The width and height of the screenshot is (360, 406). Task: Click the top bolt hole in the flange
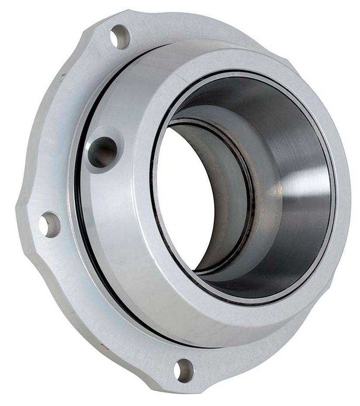(120, 36)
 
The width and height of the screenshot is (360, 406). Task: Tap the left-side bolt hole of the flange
(49, 224)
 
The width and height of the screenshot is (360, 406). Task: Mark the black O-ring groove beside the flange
(83, 218)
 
